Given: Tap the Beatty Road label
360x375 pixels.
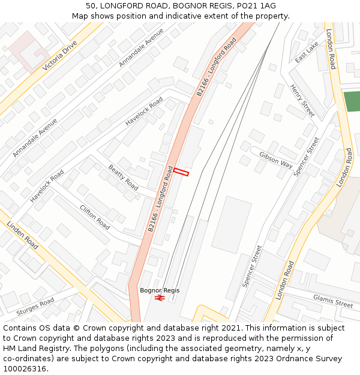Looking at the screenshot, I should click(123, 178).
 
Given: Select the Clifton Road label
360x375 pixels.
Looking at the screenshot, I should click(95, 217).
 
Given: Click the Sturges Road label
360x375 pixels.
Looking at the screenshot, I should click(35, 306).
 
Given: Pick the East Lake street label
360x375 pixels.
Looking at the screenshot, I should click(307, 52).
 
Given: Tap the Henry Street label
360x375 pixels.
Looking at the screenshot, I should click(302, 100).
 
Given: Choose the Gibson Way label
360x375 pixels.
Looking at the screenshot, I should click(276, 159).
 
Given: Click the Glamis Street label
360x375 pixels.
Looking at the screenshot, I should click(332, 301).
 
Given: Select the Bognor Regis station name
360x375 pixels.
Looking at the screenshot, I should click(160, 290).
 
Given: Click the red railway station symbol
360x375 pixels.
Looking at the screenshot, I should click(160, 298).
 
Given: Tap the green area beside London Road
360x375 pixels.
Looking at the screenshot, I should click(352, 101).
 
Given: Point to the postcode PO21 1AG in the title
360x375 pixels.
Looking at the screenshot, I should click(254, 5).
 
